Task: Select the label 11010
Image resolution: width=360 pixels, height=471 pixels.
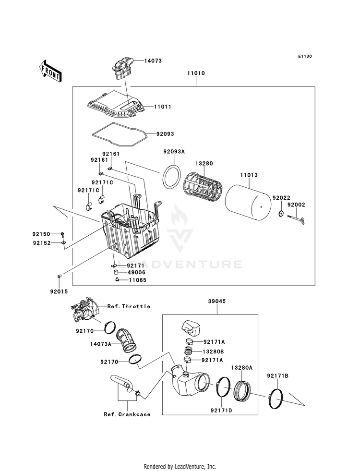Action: coord(196,74)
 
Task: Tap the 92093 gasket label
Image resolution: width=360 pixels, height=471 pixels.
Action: coord(166,134)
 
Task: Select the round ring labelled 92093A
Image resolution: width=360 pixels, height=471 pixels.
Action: coord(171,177)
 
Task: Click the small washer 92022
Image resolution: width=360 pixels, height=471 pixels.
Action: coord(281,213)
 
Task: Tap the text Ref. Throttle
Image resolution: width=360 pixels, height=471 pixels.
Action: coord(129,306)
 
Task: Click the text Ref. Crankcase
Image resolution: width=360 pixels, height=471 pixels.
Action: coord(127,414)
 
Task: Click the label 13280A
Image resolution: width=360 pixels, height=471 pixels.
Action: coord(242,367)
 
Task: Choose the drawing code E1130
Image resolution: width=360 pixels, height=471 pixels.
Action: coord(304,57)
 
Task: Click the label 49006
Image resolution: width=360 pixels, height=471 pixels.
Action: coord(137,273)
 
